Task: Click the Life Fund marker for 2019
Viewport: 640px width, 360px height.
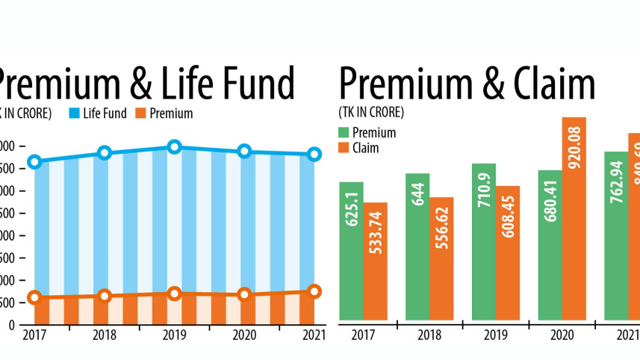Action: point(174,147)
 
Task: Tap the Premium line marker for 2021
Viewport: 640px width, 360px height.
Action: point(314,291)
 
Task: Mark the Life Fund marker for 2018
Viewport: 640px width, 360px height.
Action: point(105,153)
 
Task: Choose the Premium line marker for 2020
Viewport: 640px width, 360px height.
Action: point(244,294)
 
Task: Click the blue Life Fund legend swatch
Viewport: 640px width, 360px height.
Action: point(74,114)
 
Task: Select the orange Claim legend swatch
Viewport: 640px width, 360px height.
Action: point(344,148)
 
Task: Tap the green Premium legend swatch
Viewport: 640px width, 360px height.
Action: point(344,133)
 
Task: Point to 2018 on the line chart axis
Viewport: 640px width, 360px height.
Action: point(104,335)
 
